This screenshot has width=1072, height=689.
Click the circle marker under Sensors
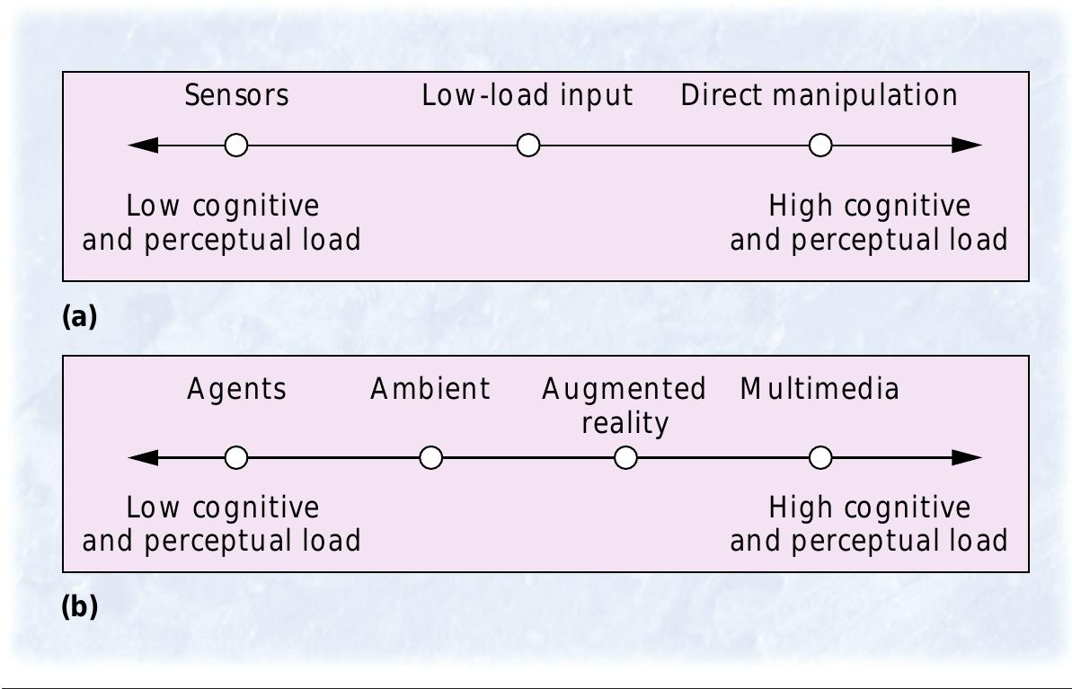pyautogui.click(x=236, y=145)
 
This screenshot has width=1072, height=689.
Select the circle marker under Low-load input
pyautogui.click(x=528, y=145)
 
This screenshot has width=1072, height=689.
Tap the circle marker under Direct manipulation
pyautogui.click(x=820, y=145)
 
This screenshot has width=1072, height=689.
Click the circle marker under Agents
pyautogui.click(x=236, y=458)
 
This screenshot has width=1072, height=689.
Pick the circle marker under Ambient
pyautogui.click(x=431, y=458)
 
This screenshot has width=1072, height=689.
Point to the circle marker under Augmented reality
pyautogui.click(x=625, y=458)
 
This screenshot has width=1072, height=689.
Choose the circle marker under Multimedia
pyautogui.click(x=820, y=458)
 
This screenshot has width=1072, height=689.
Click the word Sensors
pyautogui.click(x=236, y=95)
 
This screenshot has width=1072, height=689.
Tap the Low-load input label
pyautogui.click(x=527, y=95)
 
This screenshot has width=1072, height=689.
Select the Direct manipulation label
pyautogui.click(x=819, y=95)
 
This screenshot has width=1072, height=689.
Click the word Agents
pyautogui.click(x=236, y=389)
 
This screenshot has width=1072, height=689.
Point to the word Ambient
pyautogui.click(x=430, y=389)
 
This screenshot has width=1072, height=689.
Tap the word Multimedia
pyautogui.click(x=819, y=389)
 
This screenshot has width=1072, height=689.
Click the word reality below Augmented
pyautogui.click(x=625, y=423)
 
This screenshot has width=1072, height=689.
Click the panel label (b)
pyautogui.click(x=78, y=607)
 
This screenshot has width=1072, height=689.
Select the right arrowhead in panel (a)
pyautogui.click(x=967, y=145)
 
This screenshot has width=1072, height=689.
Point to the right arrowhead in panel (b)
pyautogui.click(x=967, y=458)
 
